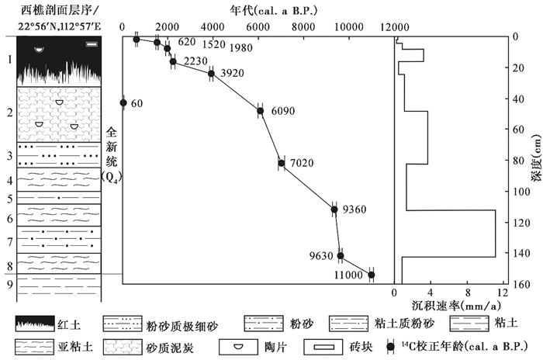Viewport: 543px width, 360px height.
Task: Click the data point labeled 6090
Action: (x=261, y=111)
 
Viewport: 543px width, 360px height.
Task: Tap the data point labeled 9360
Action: (x=334, y=209)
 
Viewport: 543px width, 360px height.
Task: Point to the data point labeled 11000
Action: (x=372, y=275)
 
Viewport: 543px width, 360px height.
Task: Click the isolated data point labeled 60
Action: (x=123, y=102)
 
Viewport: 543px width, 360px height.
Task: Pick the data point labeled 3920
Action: (x=211, y=74)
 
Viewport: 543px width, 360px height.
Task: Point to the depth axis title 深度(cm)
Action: (x=534, y=159)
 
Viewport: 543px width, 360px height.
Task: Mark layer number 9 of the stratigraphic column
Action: (x=9, y=284)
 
